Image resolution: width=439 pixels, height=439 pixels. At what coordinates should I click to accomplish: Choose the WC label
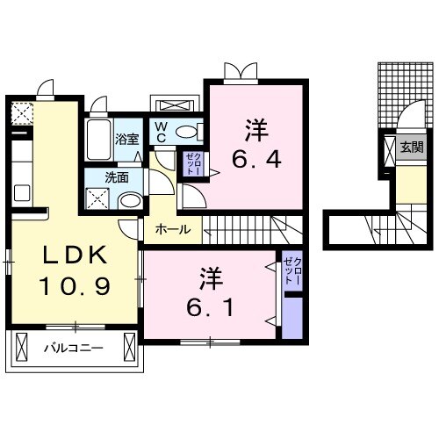point(162,132)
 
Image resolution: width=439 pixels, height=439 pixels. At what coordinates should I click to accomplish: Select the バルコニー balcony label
point(76,349)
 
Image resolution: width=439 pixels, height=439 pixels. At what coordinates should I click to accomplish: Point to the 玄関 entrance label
point(411,148)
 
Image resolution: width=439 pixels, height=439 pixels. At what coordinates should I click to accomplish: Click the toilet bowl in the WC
point(187,132)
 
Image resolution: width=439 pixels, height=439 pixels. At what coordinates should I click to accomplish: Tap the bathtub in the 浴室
point(99,138)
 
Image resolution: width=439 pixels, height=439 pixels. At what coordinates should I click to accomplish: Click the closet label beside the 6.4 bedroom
point(193,163)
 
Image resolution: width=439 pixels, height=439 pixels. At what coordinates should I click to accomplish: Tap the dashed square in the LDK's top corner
point(21,113)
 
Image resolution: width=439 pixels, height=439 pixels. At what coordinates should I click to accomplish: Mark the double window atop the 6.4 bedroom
point(239,69)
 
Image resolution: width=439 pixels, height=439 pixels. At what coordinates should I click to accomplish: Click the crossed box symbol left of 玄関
point(389,150)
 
